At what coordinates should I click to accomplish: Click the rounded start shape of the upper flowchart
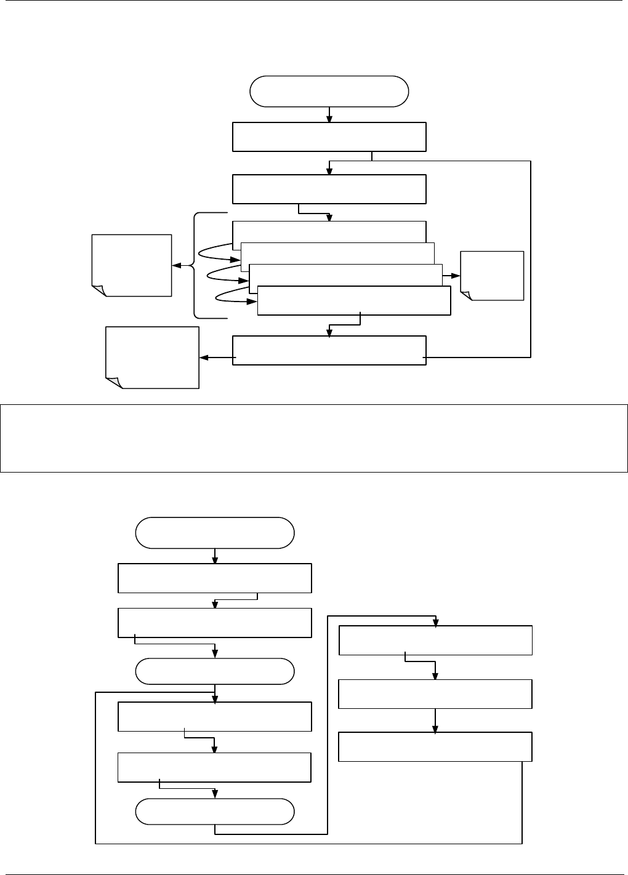tap(329, 91)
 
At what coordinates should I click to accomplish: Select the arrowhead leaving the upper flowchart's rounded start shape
tap(329, 118)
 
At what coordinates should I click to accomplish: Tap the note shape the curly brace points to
tap(131, 265)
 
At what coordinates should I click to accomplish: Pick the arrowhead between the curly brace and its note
tap(176, 266)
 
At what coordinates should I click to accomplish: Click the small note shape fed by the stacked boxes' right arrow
tap(492, 276)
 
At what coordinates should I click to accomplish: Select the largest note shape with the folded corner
tap(153, 358)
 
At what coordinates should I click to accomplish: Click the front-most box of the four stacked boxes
tap(353, 301)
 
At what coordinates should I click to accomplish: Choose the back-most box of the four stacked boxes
tap(329, 231)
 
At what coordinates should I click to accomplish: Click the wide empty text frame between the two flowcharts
tap(313, 437)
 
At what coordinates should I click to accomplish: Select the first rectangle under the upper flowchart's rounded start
tap(329, 137)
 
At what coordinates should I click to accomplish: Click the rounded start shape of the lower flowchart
tap(214, 533)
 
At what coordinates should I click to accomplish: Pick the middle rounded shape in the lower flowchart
tap(214, 671)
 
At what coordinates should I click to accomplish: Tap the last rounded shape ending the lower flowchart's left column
tap(214, 812)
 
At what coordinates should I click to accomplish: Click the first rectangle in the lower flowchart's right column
tap(435, 641)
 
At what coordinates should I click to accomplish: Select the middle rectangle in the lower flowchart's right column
tap(435, 694)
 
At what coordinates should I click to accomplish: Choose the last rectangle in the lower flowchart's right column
tap(435, 746)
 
